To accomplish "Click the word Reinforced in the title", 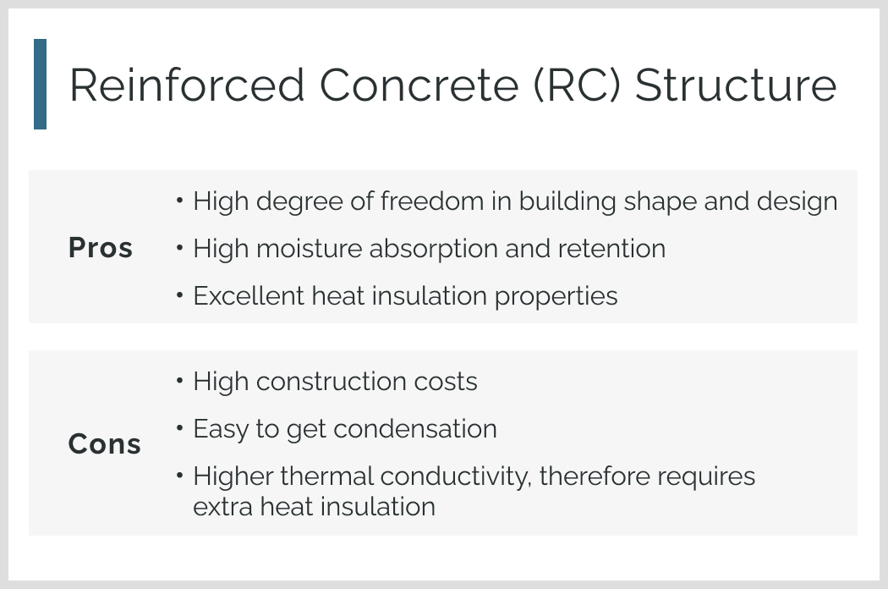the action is [188, 85].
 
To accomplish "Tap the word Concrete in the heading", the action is [419, 85].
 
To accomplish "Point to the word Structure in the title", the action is [736, 85].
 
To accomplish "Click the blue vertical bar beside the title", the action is [41, 84].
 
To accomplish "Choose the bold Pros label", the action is [101, 248].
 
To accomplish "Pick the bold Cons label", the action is [105, 444].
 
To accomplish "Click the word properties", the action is [556, 296].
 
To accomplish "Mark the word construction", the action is [332, 382].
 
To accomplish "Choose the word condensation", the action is [415, 428].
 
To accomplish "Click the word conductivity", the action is [456, 476].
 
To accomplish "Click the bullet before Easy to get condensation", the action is [179, 428].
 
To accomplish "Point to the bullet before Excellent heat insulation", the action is [179, 294].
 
